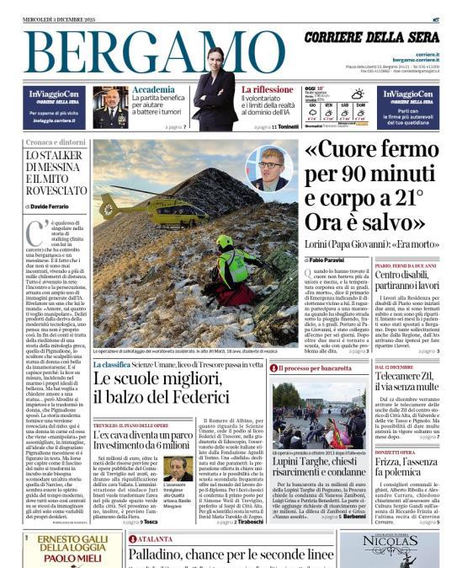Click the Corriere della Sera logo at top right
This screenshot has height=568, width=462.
tap(384, 38)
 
